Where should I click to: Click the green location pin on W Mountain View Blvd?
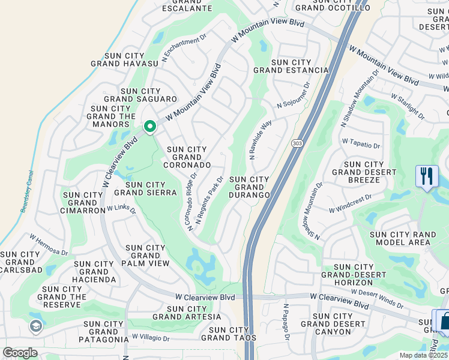(149, 127)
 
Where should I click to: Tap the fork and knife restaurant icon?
(426, 176)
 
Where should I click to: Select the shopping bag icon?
(444, 321)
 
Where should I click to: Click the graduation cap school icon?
(35, 326)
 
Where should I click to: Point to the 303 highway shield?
(298, 144)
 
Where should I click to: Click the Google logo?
(20, 353)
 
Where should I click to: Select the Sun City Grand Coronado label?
(188, 157)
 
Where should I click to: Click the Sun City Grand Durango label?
(249, 187)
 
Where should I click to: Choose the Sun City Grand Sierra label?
(145, 188)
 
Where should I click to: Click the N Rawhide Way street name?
(261, 139)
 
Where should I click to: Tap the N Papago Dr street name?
(286, 322)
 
